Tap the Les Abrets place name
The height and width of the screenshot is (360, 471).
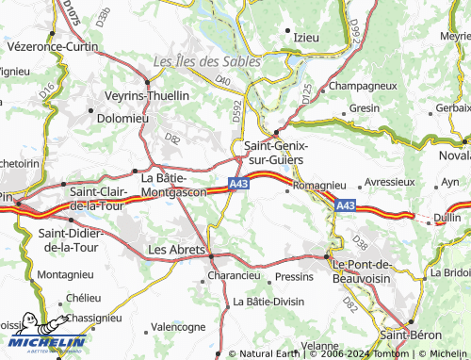point(176,250)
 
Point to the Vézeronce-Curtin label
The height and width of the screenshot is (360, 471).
point(52,46)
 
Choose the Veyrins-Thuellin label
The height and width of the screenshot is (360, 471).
point(147,95)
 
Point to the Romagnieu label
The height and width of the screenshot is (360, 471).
point(320,187)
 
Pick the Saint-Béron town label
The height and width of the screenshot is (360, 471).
point(412,335)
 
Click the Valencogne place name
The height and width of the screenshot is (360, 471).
point(178,326)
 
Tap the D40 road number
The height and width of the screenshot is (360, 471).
point(223,81)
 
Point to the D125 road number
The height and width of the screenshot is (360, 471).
point(307,91)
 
